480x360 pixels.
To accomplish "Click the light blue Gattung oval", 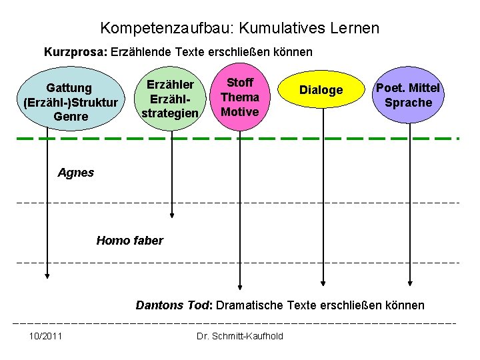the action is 70,101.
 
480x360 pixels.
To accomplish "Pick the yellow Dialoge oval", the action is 321,91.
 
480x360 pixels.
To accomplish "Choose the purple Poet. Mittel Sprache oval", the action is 408,95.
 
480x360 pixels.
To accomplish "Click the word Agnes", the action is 76,173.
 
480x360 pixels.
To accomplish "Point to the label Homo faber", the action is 129,241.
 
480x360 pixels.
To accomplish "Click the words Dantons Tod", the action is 173,305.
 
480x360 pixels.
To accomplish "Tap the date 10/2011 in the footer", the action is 46,335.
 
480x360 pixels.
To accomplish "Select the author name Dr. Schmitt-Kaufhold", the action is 240,335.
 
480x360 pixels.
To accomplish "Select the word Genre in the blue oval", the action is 70,117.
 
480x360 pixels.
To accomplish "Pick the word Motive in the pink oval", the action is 240,111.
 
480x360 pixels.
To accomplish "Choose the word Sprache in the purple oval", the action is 408,103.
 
